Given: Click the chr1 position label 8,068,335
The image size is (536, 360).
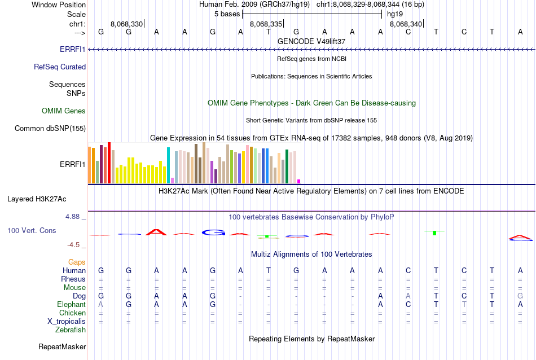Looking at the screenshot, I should point(266,24).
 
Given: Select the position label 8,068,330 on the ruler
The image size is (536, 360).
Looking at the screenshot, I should point(127,24).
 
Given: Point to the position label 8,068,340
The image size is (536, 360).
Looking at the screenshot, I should point(405,24).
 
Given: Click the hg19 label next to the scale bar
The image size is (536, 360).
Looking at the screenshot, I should point(395,14).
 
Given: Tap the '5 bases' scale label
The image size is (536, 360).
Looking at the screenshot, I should point(228,14).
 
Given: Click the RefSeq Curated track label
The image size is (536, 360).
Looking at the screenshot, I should point(60,67).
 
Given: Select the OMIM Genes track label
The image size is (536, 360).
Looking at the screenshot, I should point(64,111).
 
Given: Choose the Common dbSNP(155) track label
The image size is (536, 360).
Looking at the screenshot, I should point(50,129).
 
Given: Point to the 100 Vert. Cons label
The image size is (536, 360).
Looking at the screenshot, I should point(32,231).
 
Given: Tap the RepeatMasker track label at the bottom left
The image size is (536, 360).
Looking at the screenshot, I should point(62,346).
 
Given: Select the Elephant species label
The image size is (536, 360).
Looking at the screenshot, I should point(71,304).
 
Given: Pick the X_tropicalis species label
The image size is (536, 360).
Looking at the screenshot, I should point(67,321).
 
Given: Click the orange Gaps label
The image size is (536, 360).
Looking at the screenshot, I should point(77,262).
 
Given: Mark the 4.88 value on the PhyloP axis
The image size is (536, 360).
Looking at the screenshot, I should point(76,216).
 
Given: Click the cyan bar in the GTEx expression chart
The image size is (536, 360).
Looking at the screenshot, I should point(168,165).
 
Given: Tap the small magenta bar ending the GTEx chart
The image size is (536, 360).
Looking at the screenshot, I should point(298,181).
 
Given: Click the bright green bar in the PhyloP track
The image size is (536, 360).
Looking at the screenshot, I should point(434,233).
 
